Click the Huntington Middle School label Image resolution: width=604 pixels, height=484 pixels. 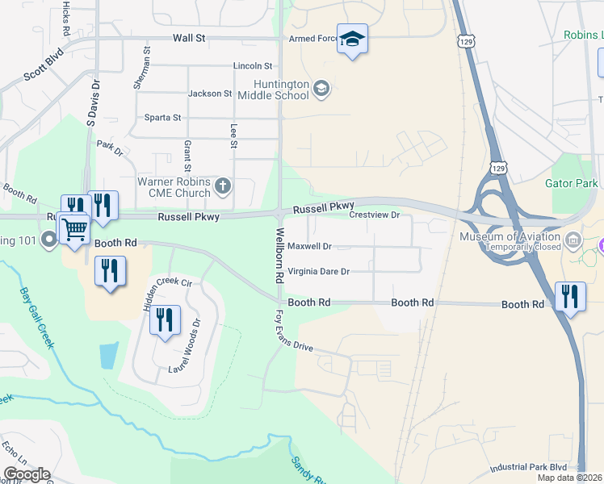pyautogui.click(x=281, y=90)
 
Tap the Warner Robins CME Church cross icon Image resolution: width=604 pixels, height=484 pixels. pyautogui.click(x=224, y=188)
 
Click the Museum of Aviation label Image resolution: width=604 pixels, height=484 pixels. pyautogui.click(x=510, y=236)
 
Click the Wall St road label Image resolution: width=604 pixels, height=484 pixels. pyautogui.click(x=190, y=38)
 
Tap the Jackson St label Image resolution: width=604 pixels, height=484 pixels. pyautogui.click(x=210, y=94)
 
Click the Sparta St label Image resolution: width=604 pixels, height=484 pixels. pyautogui.click(x=162, y=118)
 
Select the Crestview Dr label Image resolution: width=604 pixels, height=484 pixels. pyautogui.click(x=375, y=215)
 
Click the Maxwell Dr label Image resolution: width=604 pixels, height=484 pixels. pyautogui.click(x=309, y=246)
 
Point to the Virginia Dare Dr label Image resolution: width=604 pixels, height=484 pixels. pyautogui.click(x=318, y=272)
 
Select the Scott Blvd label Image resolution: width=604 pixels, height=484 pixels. pyautogui.click(x=43, y=66)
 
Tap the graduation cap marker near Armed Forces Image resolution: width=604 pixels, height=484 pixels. pyautogui.click(x=352, y=40)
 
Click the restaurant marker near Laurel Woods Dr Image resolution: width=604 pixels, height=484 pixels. pyautogui.click(x=165, y=320)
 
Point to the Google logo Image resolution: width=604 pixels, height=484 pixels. pyautogui.click(x=27, y=474)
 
